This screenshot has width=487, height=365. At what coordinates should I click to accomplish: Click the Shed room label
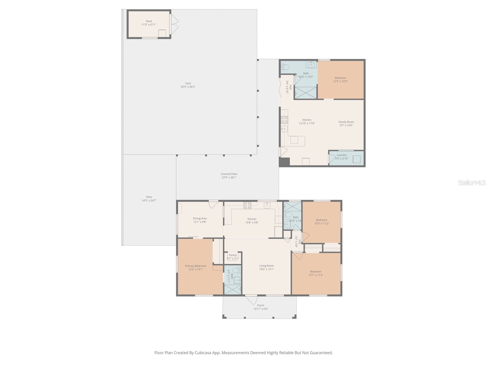click(149, 21)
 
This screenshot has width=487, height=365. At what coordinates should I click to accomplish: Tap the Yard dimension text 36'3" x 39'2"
click(188, 87)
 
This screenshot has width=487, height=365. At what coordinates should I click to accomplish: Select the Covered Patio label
click(229, 174)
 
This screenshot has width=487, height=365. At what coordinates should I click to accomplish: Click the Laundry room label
click(342, 155)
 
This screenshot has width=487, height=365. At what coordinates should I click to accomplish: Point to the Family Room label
click(346, 122)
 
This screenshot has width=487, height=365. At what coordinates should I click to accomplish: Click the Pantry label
click(233, 255)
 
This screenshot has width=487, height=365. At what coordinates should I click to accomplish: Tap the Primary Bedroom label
click(195, 266)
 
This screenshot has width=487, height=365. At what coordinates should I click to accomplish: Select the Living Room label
click(266, 266)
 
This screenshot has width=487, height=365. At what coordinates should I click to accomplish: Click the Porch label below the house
click(261, 305)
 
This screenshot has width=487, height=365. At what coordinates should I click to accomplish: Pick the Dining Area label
click(200, 218)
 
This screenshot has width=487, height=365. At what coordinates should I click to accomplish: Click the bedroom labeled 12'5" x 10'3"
click(340, 79)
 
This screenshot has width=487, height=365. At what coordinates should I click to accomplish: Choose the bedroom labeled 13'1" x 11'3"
click(316, 273)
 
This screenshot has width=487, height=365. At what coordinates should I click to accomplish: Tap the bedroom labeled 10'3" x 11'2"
click(321, 222)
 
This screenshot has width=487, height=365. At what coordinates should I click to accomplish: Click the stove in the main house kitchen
click(247, 206)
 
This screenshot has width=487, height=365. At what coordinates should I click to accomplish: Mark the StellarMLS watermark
click(472, 183)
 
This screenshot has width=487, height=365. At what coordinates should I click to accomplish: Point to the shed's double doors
click(175, 24)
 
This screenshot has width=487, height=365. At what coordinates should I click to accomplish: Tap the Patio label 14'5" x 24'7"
click(149, 199)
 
